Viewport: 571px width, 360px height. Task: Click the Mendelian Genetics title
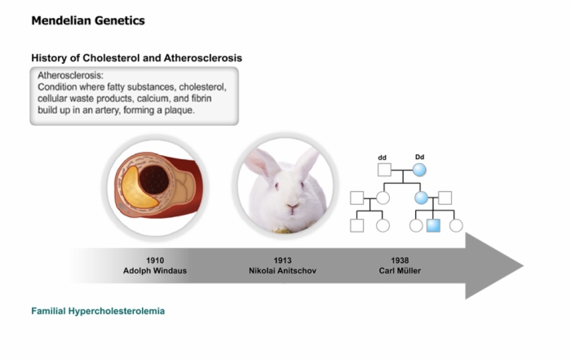point(88,20)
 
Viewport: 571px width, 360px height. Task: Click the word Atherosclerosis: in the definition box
point(71,75)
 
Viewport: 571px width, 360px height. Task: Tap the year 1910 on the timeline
point(155,260)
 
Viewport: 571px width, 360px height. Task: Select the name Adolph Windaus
point(155,271)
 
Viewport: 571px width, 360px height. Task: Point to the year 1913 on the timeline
point(282,260)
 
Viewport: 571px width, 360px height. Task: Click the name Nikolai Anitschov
point(282,271)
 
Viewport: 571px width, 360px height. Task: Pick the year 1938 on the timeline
point(400,260)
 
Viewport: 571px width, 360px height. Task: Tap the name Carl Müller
point(400,271)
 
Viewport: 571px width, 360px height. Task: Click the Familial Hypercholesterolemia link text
point(98,311)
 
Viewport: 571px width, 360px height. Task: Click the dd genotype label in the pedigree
point(382,158)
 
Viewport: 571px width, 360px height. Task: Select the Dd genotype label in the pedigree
point(419,157)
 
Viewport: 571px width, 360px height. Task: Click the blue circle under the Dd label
point(419,170)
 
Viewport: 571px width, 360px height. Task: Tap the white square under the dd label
point(384,170)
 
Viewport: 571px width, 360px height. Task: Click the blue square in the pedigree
point(433,225)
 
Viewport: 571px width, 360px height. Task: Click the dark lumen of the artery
point(154,180)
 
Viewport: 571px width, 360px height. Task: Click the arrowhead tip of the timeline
point(524,266)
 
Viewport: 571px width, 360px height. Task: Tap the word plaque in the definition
point(179,110)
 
